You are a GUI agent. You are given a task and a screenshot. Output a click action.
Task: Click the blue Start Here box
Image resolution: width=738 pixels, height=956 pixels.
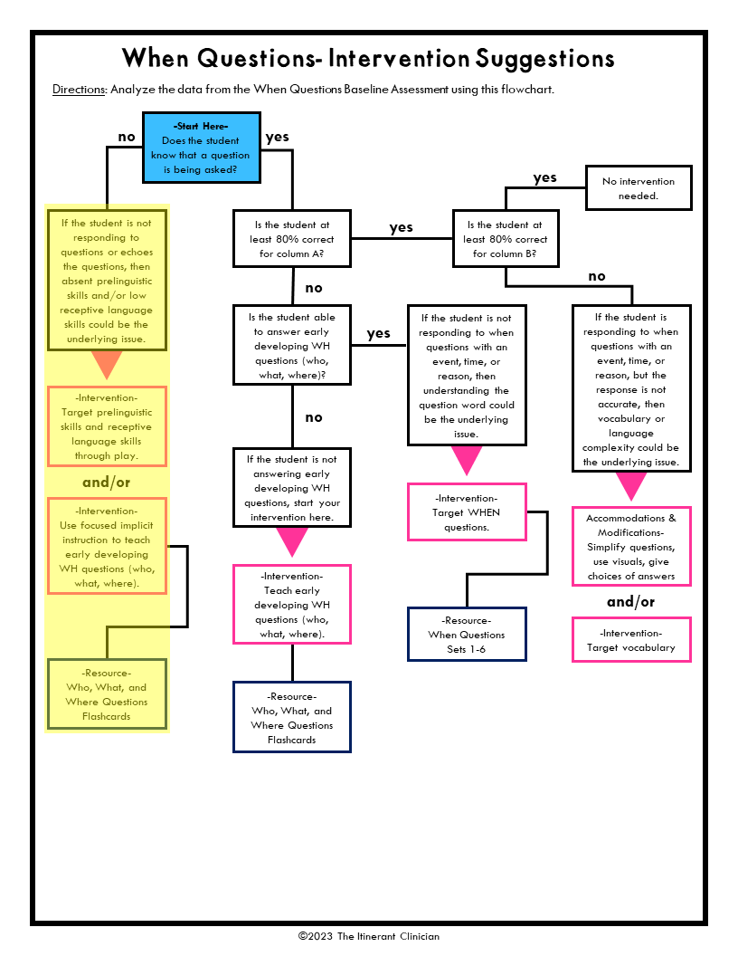(x=201, y=148)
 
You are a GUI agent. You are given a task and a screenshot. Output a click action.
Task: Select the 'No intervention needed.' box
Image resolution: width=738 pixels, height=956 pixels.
(x=639, y=188)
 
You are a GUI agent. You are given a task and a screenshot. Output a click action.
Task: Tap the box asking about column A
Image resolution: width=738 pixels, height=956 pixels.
(x=291, y=239)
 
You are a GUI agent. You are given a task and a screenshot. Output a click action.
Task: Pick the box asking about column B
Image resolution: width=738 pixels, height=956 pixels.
(x=506, y=239)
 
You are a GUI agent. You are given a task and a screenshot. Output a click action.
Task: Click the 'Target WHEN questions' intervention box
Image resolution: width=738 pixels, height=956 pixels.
(x=467, y=512)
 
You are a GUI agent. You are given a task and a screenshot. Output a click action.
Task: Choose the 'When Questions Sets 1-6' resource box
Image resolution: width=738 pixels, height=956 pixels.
(x=467, y=635)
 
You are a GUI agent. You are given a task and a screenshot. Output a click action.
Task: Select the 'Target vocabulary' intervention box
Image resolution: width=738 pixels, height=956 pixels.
(x=631, y=640)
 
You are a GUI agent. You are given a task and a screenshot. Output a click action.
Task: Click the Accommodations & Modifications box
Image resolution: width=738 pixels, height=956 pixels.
(x=631, y=547)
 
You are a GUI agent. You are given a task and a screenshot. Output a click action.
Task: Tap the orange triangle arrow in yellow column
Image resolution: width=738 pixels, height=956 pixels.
(x=107, y=365)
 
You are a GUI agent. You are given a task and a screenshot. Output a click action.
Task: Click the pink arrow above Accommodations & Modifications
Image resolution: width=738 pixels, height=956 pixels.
(x=631, y=486)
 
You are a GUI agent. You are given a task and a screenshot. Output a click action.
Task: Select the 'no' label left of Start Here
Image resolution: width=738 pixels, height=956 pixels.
(x=127, y=138)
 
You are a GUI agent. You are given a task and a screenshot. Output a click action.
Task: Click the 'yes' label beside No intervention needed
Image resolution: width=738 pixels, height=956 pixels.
(x=545, y=177)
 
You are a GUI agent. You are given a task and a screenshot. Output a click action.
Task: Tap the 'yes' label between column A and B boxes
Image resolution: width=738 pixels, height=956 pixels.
(x=401, y=227)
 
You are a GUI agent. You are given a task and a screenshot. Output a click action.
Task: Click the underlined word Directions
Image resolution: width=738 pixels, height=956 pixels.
(x=79, y=90)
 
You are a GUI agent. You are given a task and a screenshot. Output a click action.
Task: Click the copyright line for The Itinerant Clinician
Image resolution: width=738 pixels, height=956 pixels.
(x=369, y=936)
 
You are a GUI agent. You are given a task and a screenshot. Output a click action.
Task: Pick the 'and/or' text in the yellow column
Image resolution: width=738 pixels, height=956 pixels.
(x=107, y=483)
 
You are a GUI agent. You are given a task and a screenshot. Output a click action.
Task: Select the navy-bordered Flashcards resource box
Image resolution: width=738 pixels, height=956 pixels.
(x=291, y=717)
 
